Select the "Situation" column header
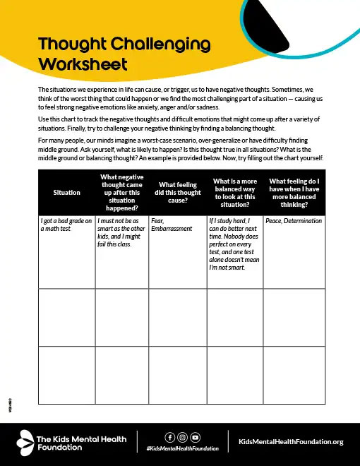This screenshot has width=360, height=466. click(66, 192)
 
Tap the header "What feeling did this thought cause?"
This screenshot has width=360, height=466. click(176, 192)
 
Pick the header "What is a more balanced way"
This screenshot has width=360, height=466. click(234, 191)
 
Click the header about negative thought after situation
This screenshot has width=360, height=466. click(122, 192)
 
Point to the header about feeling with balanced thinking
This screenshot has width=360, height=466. click(294, 191)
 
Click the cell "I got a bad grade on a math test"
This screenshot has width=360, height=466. click(66, 225)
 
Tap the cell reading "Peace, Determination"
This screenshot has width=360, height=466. click(293, 221)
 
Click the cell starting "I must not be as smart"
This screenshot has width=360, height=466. click(121, 232)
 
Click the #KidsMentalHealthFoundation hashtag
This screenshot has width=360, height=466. click(183, 448)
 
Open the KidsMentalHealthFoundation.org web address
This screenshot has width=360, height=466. click(291, 441)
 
